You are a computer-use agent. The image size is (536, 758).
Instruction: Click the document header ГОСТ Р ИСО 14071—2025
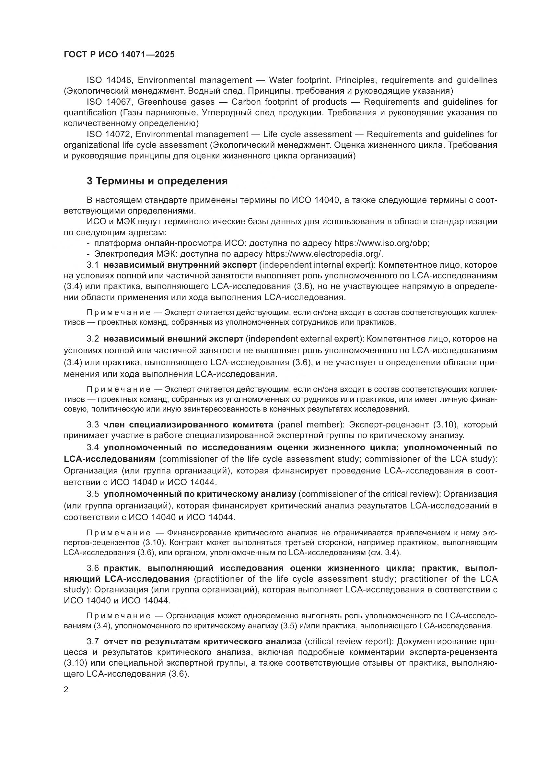[119, 54]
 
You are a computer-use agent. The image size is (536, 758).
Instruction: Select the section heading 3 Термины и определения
[157, 181]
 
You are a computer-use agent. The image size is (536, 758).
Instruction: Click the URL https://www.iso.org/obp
[381, 243]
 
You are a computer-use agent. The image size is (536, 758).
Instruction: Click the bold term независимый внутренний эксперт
[180, 265]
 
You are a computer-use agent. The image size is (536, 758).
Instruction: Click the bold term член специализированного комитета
[188, 424]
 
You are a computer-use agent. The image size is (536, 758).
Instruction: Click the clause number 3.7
[93, 641]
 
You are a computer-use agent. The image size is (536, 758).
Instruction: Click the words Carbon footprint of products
[289, 102]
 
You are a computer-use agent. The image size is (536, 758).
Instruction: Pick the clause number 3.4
[93, 447]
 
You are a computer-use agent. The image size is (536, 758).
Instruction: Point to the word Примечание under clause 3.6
[119, 616]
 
